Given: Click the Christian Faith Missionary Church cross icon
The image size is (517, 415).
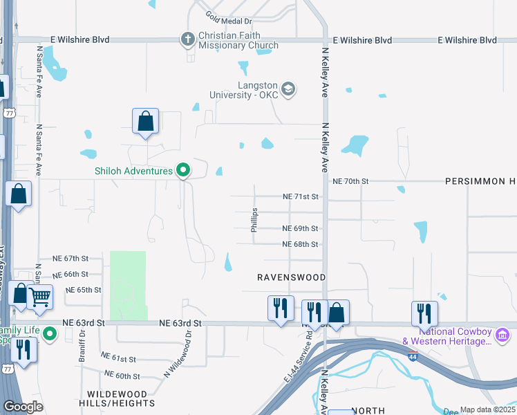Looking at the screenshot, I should tap(187, 39).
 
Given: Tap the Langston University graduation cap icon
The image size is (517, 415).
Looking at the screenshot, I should tap(288, 89).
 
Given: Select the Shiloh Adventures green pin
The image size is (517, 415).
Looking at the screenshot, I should tap(183, 169).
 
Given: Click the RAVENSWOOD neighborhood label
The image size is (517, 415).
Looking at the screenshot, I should tap(291, 277).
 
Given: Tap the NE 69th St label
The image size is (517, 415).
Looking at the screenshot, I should tap(300, 228).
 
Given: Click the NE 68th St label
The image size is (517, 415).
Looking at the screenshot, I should tap(300, 244).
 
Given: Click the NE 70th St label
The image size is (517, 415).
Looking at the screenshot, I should tap(351, 181).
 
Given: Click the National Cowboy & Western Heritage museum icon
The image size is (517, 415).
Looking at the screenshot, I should tap(502, 335).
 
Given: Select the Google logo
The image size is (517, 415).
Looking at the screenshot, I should tap(23, 407).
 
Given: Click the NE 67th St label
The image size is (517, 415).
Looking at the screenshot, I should tap(72, 258).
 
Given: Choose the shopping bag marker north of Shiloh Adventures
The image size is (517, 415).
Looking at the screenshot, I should tap(146, 122).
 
